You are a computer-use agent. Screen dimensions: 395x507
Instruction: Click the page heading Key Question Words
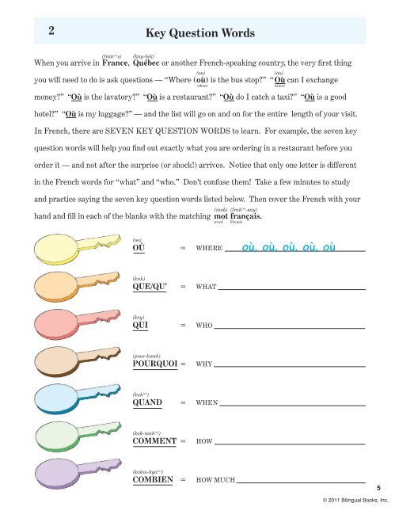pos(200,33)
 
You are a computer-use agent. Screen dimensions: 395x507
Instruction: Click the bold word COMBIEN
pos(154,479)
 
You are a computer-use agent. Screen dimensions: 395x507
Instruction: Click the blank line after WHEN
pos(292,403)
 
